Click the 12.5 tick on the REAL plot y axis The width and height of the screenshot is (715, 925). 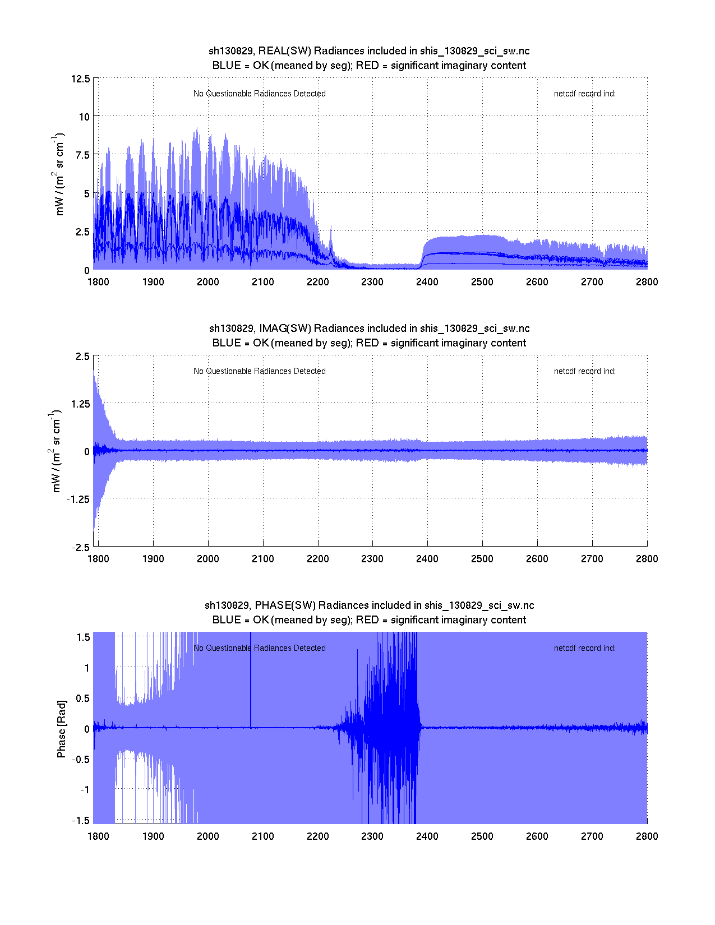pos(81,78)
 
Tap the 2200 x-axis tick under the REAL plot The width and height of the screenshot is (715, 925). pos(317,282)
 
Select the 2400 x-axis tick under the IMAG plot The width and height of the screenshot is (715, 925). pos(427,559)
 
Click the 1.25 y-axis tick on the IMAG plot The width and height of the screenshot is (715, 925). pos(79,404)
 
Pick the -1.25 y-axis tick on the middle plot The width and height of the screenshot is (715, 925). pos(77,499)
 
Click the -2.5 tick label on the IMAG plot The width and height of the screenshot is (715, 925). pos(80,548)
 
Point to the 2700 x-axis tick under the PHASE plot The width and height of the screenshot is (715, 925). pos(592,836)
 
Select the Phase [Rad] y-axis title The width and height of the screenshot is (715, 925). pos(61,728)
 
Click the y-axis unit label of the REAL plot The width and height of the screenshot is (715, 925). pos(59,174)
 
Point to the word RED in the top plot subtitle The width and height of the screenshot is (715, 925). pos(367,66)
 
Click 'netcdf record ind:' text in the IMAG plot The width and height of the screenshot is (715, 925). pos(584,371)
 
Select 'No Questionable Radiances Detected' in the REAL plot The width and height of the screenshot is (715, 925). pos(259,94)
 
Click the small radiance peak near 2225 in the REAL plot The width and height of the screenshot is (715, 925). pos(331,233)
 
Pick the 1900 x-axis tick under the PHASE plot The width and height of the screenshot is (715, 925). pos(153,836)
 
